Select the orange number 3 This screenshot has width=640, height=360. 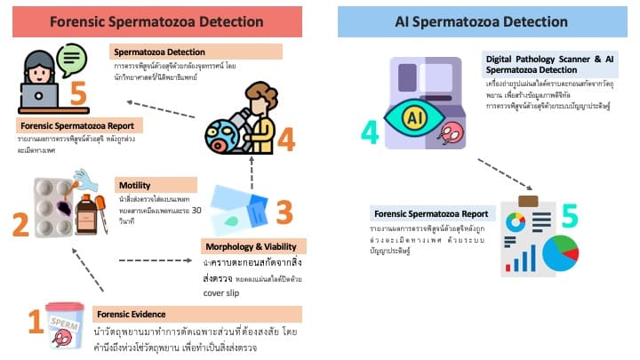click(x=283, y=212)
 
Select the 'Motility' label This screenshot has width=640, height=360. click(x=134, y=185)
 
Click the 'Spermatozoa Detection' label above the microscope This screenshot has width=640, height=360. click(x=161, y=52)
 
